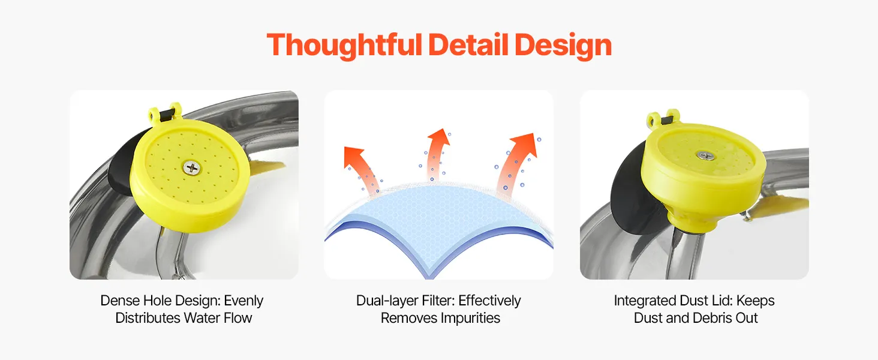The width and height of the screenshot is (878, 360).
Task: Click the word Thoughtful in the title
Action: click(x=344, y=46)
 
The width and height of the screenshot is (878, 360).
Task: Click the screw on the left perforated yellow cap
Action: click(x=192, y=168)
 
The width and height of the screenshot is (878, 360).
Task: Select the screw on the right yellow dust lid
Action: click(x=705, y=155)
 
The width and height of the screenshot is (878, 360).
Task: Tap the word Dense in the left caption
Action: click(x=119, y=301)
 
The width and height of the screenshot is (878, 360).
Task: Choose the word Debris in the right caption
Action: click(x=711, y=317)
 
